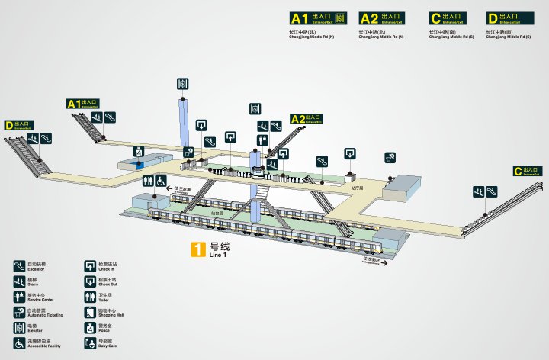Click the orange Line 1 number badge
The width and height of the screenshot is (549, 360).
197,248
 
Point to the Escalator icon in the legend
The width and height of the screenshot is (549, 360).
19,265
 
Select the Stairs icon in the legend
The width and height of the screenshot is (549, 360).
19,281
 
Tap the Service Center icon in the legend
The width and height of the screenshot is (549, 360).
19,296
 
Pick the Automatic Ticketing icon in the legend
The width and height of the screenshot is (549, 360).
19,312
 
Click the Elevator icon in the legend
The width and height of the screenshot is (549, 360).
19,327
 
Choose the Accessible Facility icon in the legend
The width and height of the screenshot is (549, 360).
19,343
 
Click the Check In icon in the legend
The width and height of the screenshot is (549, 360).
90,265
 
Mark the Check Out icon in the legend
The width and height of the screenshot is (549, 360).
90,281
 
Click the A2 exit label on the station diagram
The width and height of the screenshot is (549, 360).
307,119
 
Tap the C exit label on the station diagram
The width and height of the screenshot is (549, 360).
528,172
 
